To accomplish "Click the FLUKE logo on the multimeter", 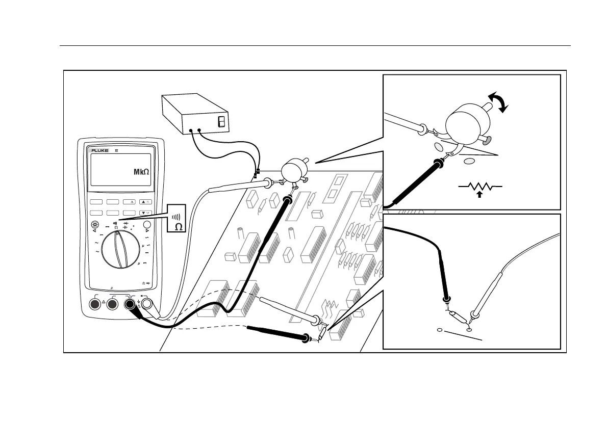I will [99, 151].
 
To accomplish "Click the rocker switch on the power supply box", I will [221, 121].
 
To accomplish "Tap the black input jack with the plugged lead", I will [130, 304].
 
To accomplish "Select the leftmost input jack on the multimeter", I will [94, 304].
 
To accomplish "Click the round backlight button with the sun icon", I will [95, 225].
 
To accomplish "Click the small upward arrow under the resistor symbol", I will [479, 194].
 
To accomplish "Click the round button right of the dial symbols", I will [147, 225].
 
